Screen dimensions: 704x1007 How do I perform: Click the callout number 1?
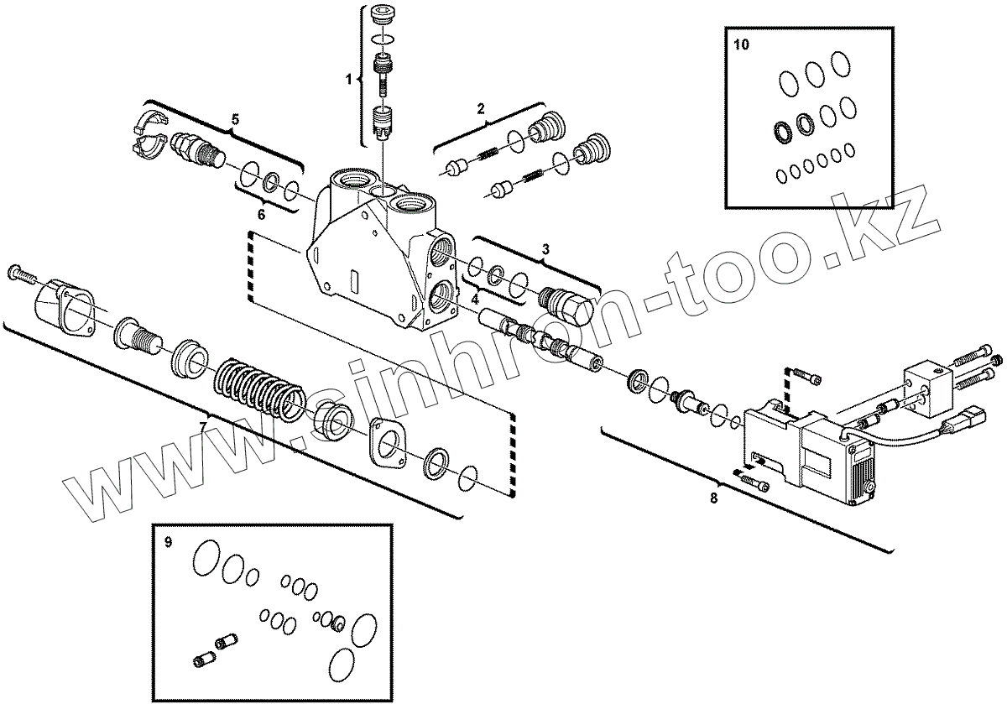(x=348, y=79)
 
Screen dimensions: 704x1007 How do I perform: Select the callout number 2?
(x=481, y=107)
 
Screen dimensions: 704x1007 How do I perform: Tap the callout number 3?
(x=545, y=248)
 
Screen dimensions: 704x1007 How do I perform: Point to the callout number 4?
(x=474, y=298)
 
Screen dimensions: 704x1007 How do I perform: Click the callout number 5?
(x=235, y=120)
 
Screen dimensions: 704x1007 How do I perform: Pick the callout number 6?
(x=261, y=214)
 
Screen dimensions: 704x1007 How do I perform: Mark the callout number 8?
(x=713, y=498)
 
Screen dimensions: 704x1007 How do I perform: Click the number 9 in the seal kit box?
(x=168, y=542)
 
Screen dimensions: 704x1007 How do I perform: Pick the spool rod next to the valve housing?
(x=537, y=337)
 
